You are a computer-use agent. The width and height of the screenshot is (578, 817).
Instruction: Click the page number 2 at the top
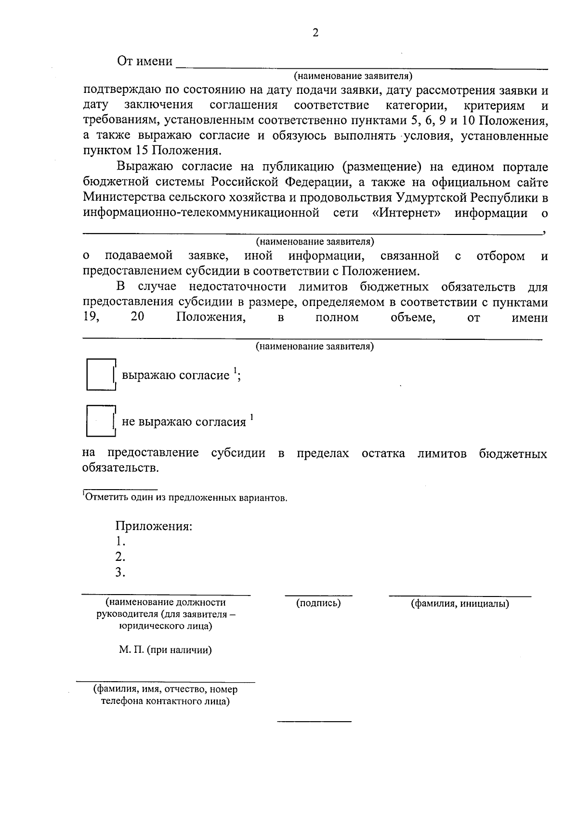tap(315, 33)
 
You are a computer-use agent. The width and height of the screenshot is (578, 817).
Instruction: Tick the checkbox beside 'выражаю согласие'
tap(101, 375)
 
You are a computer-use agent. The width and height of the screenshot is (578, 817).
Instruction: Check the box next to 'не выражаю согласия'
tap(101, 421)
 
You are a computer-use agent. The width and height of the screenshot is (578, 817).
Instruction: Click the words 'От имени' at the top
tap(145, 61)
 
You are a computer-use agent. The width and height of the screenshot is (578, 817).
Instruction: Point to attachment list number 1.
tap(120, 541)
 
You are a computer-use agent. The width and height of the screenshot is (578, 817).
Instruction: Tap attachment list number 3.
tap(120, 572)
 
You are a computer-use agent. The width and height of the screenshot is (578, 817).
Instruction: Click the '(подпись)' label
tap(318, 603)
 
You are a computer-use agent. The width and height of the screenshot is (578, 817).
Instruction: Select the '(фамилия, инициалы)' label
tap(460, 604)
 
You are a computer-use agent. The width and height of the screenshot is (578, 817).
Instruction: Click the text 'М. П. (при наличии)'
tap(166, 650)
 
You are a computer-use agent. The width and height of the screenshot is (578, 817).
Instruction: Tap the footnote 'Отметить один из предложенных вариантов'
tap(185, 498)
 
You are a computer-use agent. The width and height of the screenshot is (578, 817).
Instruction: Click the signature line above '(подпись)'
tap(318, 596)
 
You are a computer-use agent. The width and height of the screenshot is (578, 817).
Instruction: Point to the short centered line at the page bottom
tap(314, 721)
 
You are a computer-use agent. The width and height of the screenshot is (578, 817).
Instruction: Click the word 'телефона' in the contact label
tap(122, 701)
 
